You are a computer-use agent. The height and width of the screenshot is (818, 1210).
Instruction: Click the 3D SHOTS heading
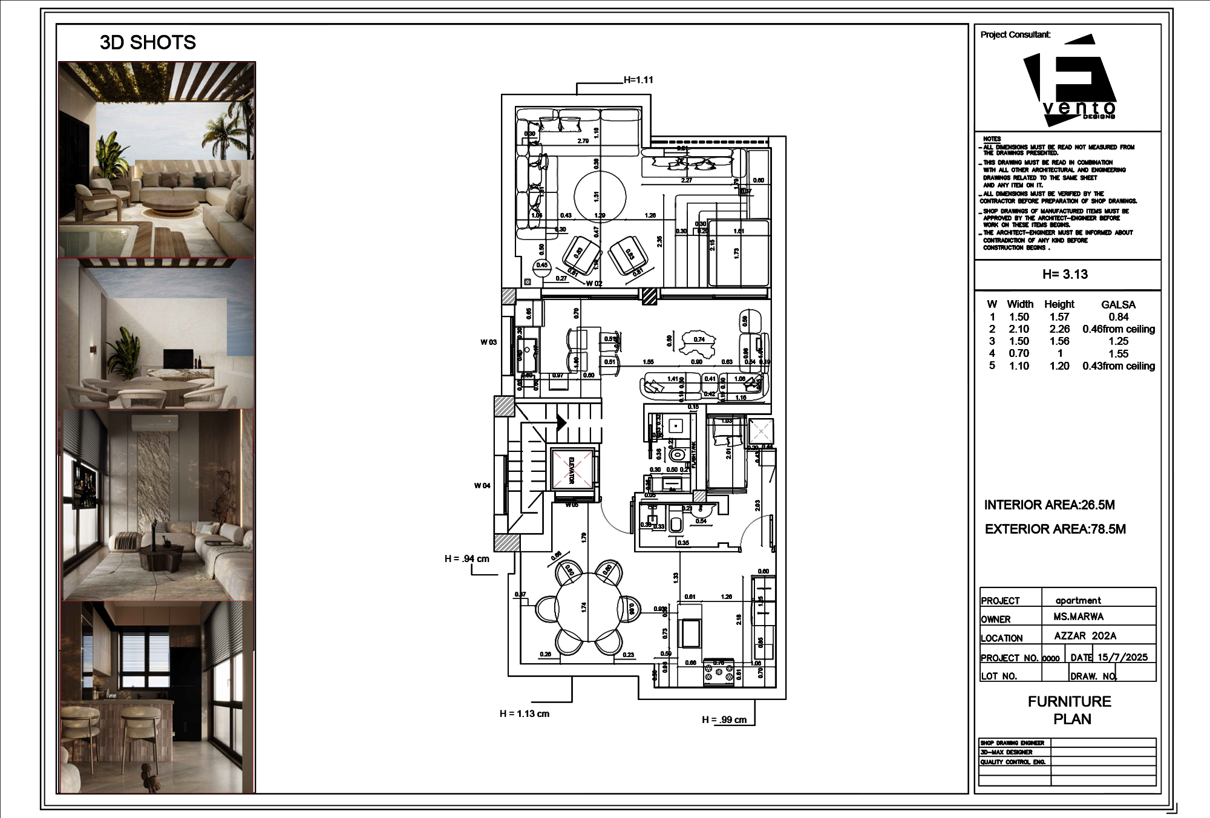coord(148,42)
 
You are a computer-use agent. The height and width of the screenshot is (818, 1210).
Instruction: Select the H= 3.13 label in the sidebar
coord(1065,274)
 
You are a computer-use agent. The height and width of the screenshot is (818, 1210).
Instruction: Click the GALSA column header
coord(1118,304)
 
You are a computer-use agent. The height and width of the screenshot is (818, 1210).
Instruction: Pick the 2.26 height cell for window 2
coord(1059,329)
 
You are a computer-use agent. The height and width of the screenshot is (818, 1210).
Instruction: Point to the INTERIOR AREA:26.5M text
coord(1049,505)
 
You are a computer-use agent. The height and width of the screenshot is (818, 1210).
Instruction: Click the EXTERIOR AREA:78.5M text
coord(1055,529)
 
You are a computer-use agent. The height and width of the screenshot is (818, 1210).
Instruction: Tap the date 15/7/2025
coord(1122,657)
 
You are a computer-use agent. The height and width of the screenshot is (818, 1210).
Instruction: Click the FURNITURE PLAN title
coord(1069,710)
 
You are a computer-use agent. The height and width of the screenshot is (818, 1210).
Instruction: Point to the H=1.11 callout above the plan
coord(638,80)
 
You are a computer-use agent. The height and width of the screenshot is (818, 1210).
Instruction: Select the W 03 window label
coord(488,342)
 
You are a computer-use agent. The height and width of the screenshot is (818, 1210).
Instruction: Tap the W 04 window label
coord(482,485)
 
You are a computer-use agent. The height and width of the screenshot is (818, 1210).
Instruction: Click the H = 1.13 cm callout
coord(524,714)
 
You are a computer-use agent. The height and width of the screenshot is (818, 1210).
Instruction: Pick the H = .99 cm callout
coord(724,720)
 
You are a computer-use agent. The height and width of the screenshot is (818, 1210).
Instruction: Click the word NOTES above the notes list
coord(992,139)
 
